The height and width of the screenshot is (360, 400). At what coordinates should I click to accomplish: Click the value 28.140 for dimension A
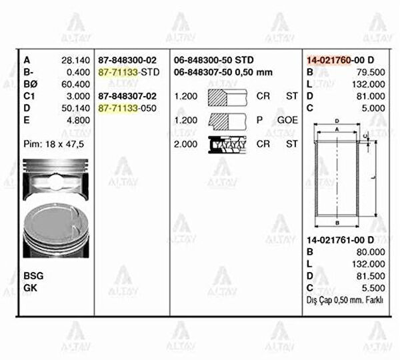point(75,60)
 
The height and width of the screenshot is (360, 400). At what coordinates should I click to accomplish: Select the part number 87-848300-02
point(127,60)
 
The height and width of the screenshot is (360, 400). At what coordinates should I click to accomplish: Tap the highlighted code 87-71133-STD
point(129,72)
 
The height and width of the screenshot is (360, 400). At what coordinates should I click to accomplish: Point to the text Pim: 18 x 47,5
point(53,144)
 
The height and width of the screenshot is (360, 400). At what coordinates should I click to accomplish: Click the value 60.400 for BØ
point(75,84)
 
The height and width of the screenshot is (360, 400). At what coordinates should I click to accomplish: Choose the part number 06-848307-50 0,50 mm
point(223,72)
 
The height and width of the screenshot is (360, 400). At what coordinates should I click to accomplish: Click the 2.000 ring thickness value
point(185,144)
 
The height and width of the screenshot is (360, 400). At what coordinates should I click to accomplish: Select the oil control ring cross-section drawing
point(227,145)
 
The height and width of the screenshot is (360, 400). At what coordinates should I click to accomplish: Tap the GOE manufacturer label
point(287,120)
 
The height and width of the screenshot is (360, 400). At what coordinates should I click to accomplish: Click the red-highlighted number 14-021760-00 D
point(340,60)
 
